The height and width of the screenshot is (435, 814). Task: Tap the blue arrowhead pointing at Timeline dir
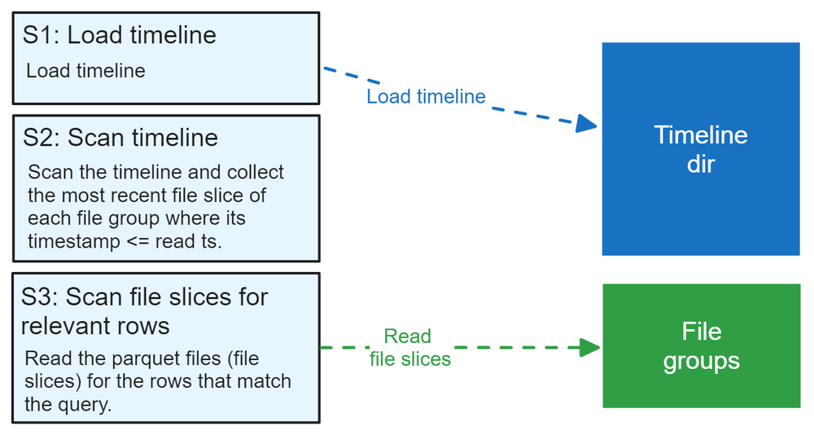click(x=586, y=124)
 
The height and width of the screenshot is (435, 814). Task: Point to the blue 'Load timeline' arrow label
click(x=426, y=97)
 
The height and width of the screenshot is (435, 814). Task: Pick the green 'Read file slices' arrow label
click(x=409, y=348)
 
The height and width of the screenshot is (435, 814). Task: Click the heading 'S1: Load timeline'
click(x=120, y=36)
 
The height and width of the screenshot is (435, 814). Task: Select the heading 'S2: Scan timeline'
click(x=120, y=138)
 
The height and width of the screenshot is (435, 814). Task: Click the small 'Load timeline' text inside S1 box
click(x=85, y=71)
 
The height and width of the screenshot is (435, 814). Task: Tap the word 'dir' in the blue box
click(x=701, y=164)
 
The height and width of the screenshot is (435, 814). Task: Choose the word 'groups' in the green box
click(x=701, y=360)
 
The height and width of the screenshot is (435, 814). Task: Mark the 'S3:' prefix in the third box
click(x=40, y=297)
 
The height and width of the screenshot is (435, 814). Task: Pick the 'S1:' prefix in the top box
click(x=40, y=36)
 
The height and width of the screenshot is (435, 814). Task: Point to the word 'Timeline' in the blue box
click(x=701, y=135)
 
